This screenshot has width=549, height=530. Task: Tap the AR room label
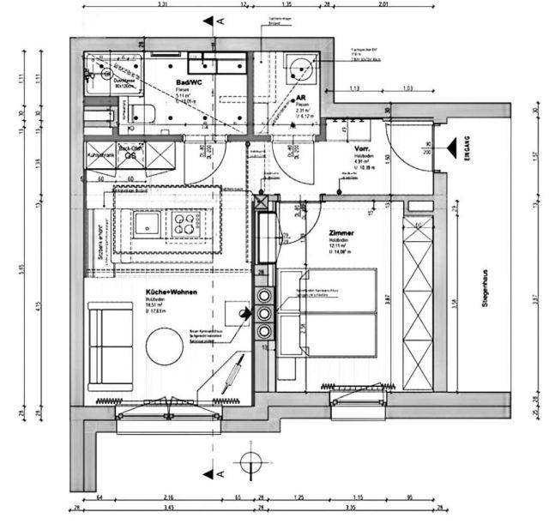300,99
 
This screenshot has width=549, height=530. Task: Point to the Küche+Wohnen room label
172,292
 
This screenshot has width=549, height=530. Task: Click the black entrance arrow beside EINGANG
450,148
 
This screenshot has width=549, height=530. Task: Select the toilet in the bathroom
143,114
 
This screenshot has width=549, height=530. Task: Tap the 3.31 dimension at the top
161,4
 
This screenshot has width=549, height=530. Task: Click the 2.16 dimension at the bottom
168,497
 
